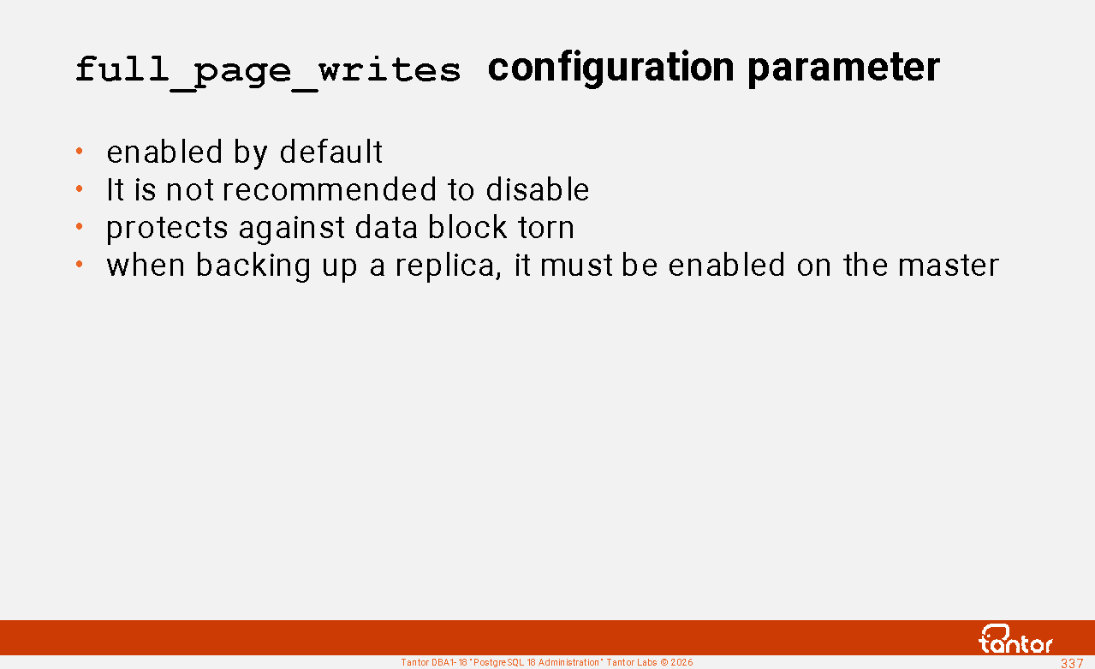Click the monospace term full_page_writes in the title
[x=268, y=71]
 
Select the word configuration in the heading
[x=611, y=69]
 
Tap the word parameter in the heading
[x=844, y=69]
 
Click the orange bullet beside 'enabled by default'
[x=79, y=151]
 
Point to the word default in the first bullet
[x=331, y=152]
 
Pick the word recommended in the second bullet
[x=330, y=190]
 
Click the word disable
[x=538, y=190]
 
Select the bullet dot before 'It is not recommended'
[x=79, y=188]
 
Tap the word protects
[x=167, y=229]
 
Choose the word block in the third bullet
[x=467, y=227]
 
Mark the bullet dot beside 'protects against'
[x=79, y=226]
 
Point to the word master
[x=949, y=266]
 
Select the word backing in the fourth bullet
[x=253, y=266]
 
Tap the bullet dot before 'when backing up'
[x=79, y=265]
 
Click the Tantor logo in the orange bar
[x=1015, y=639]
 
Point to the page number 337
[x=1072, y=663]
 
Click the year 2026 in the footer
[x=682, y=663]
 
